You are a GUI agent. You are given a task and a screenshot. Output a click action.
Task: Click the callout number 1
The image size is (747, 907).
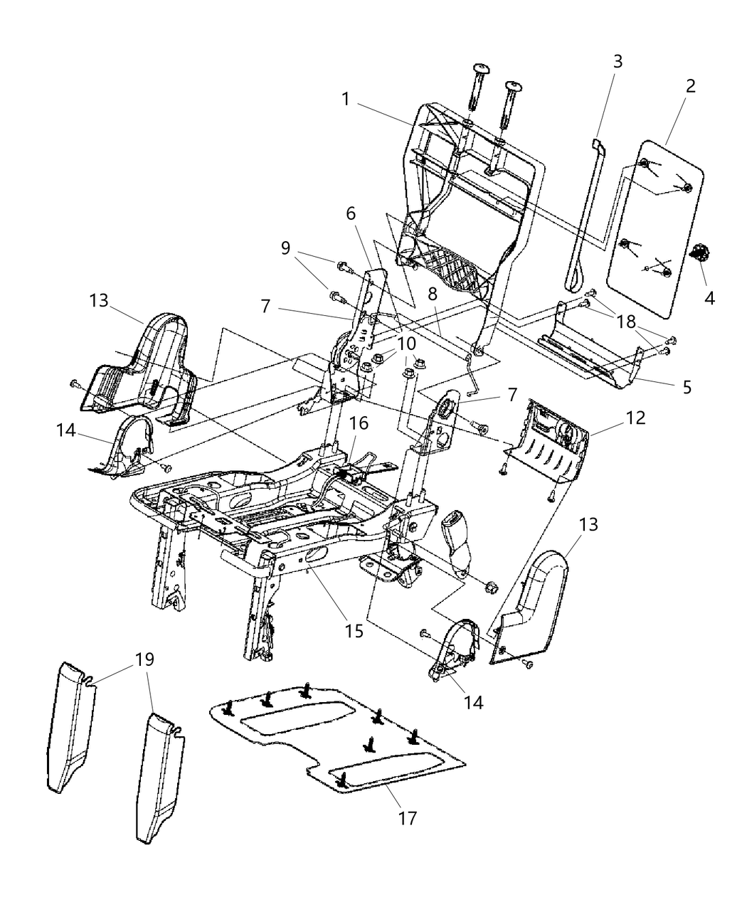[345, 99]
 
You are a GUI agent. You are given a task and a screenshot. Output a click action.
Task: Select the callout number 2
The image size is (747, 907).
[689, 86]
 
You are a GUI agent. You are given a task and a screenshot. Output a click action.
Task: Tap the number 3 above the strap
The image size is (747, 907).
[618, 61]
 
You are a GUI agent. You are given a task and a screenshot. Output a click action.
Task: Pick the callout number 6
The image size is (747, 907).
[351, 213]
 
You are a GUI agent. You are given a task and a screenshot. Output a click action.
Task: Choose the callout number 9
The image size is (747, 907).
[285, 248]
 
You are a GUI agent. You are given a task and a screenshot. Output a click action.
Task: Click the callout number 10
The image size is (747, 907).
[406, 343]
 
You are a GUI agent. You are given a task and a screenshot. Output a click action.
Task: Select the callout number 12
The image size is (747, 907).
[635, 418]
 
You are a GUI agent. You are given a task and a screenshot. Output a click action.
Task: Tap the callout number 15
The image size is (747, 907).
[354, 630]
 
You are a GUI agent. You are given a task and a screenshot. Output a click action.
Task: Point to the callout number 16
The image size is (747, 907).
[359, 424]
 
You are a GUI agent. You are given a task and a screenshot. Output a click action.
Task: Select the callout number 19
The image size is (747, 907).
[144, 659]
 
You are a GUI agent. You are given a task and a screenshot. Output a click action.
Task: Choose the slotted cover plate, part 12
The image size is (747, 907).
[551, 448]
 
